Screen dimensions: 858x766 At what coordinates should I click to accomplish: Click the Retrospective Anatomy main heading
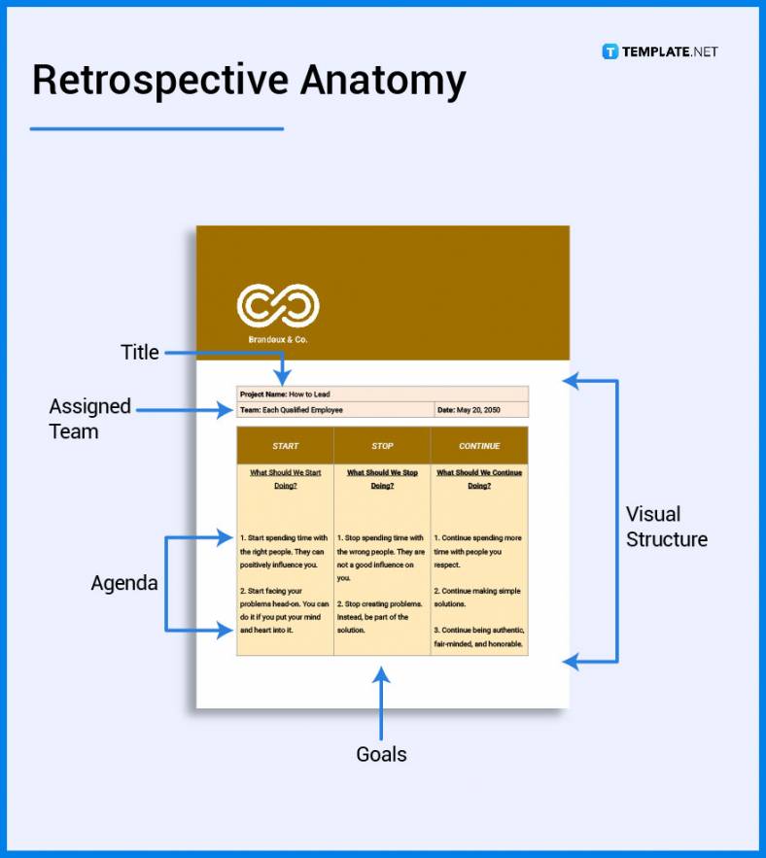coord(249,81)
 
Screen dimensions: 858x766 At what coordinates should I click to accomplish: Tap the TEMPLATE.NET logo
coord(660,51)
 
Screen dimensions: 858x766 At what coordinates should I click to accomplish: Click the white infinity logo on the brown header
coord(278,305)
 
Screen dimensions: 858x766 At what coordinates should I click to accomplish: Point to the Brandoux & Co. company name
coord(278,340)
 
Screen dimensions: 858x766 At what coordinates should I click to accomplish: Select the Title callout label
coord(139,353)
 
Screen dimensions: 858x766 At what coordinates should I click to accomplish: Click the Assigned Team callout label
coord(89,419)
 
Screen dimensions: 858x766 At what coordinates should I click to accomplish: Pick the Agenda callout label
coord(124,583)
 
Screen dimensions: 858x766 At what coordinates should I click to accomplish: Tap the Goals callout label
coord(381,754)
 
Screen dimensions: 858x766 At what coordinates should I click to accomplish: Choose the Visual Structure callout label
coord(666,527)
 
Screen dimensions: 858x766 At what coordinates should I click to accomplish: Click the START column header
coord(286,446)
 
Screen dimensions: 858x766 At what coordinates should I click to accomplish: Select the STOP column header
coord(382,446)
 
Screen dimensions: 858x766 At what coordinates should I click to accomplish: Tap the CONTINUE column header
coord(479,446)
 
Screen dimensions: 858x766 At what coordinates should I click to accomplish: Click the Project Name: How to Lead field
coord(286,395)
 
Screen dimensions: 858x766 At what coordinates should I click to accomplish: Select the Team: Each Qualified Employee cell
coord(292,410)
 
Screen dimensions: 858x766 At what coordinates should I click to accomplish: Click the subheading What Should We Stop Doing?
coord(382,479)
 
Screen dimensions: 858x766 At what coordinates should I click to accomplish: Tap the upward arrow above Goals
coord(382,700)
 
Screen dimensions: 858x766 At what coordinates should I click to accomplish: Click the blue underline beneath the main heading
coord(157,128)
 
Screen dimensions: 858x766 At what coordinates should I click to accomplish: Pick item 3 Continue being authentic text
coord(478,636)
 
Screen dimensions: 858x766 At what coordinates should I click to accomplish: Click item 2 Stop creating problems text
coord(380,617)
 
